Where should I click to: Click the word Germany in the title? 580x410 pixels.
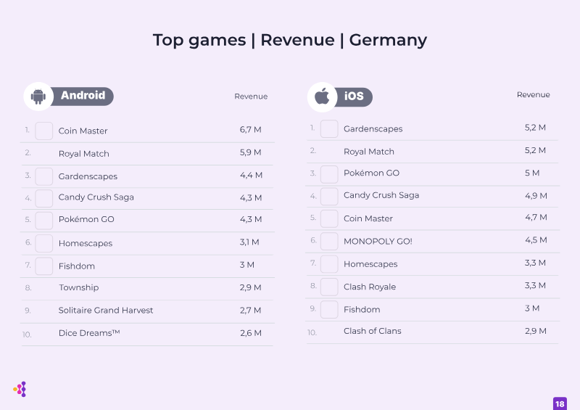click(388, 41)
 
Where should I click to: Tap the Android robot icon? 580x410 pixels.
click(38, 97)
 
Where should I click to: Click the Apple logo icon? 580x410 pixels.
click(322, 97)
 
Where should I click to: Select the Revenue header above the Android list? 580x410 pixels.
click(251, 97)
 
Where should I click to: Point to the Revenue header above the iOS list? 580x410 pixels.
click(533, 95)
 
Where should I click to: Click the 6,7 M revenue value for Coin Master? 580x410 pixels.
click(250, 130)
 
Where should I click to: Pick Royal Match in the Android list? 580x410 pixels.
click(84, 154)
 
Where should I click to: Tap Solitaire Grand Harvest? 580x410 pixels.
click(106, 311)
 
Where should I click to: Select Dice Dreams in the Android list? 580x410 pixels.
click(89, 333)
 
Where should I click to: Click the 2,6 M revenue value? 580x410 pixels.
click(251, 333)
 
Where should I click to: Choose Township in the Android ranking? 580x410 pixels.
click(79, 288)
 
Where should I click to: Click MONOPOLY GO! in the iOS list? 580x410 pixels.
click(378, 242)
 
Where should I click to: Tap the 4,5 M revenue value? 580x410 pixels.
click(536, 240)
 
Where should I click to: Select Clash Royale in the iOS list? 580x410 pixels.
click(370, 287)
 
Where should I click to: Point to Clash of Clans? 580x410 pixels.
click(373, 331)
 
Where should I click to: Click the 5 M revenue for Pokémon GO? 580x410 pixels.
click(532, 173)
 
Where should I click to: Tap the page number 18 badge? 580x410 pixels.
click(560, 403)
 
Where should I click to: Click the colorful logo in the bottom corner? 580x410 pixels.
click(20, 389)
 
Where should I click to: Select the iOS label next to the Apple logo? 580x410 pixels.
click(354, 97)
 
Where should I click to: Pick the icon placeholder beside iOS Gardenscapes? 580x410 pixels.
click(329, 129)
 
